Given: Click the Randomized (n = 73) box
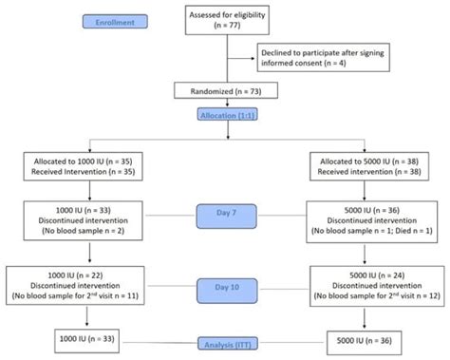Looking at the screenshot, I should coord(226,91).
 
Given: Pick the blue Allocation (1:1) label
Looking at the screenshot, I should coord(226,115).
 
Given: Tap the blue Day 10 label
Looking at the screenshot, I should coord(226,285).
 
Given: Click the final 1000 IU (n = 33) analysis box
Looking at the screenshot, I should coord(88,337).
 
